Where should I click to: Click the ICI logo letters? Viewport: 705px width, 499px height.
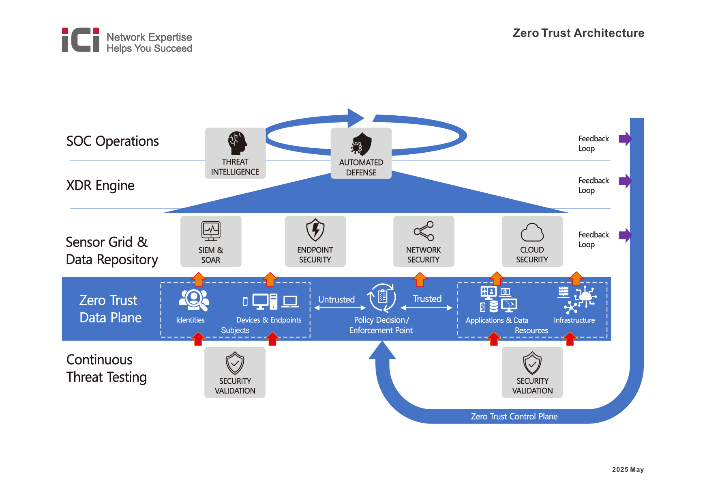[x=81, y=40]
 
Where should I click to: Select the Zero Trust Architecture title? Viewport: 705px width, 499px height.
[x=578, y=33]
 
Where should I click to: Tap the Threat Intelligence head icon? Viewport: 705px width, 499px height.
[x=237, y=143]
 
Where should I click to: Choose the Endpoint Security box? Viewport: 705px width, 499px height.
[x=315, y=241]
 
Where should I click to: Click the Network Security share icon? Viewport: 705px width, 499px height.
[x=424, y=231]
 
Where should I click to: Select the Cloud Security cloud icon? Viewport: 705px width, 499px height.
[x=532, y=233]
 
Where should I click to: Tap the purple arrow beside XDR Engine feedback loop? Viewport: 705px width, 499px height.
[x=625, y=181]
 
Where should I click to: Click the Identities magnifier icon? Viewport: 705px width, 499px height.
[x=194, y=300]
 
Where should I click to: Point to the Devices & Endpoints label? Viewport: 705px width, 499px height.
[x=269, y=320]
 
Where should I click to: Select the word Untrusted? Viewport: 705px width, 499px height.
[x=336, y=300]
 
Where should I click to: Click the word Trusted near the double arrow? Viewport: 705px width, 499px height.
[x=427, y=299]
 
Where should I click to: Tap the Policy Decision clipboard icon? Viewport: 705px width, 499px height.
[x=382, y=297]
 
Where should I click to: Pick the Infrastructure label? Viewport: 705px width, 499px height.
[x=574, y=320]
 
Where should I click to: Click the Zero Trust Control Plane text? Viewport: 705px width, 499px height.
[x=514, y=417]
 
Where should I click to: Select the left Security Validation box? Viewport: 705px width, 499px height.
[x=235, y=372]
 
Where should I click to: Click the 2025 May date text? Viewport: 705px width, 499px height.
[x=628, y=469]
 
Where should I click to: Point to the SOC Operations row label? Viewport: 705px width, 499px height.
[x=112, y=141]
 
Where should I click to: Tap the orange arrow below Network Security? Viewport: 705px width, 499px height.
[x=420, y=279]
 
